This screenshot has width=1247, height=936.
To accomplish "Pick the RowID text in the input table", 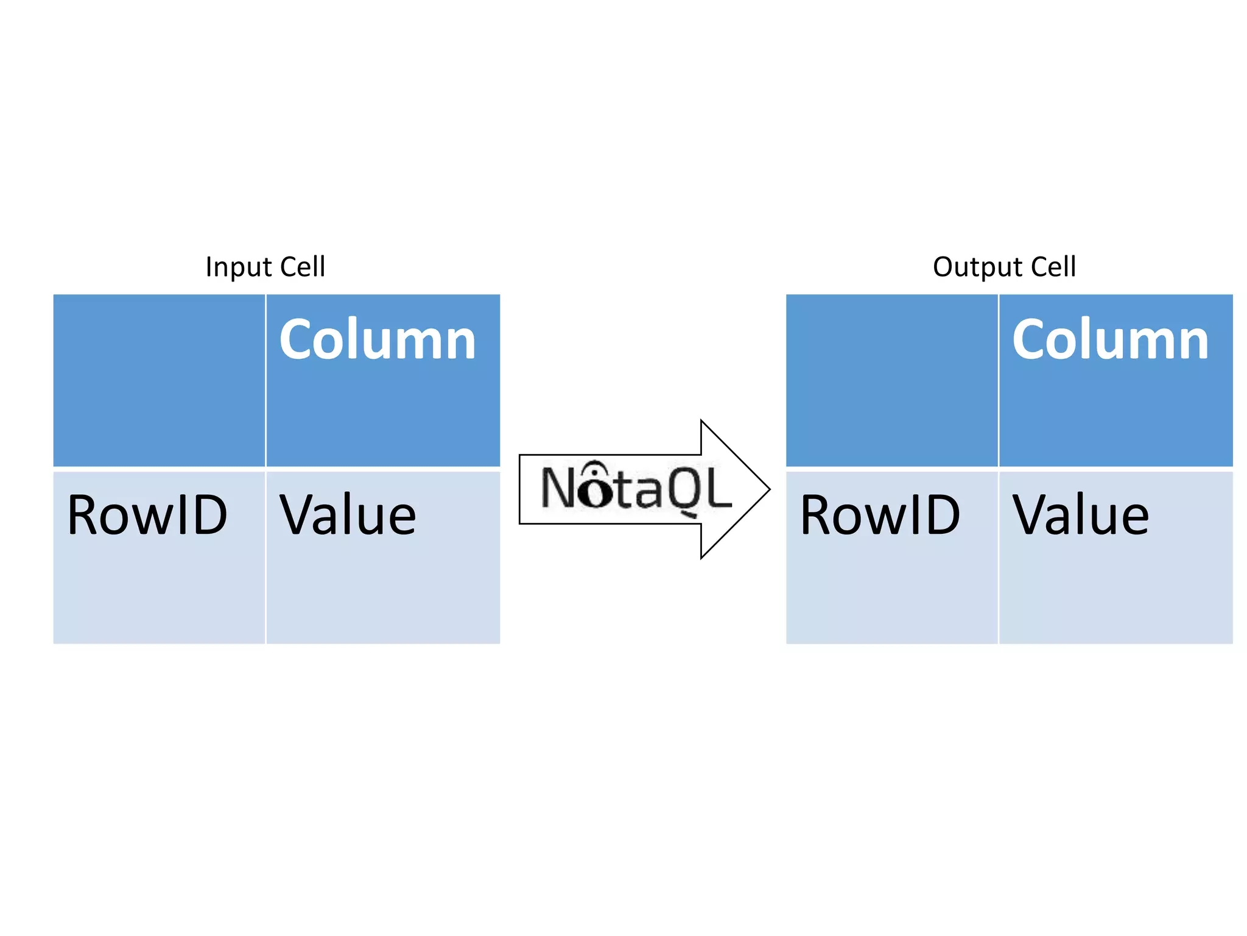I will pos(147,516).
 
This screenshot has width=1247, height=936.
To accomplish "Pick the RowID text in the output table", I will pos(880,516).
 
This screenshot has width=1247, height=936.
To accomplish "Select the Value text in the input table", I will pos(348,516).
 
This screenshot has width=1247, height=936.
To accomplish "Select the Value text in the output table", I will pos(1080,516).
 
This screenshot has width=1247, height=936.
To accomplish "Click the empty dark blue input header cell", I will pos(159,380).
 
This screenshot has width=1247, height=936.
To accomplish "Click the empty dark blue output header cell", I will pos(891,380).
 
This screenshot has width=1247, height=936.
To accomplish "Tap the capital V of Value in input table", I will pos(300,516).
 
